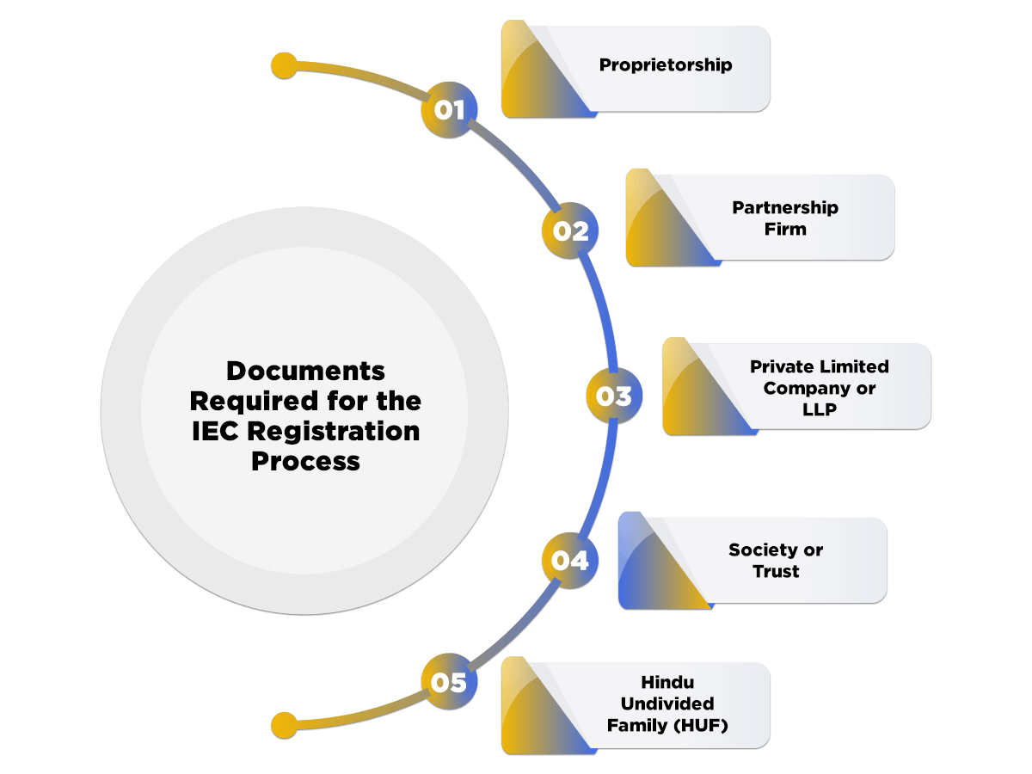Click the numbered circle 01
(448, 110)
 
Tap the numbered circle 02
(570, 230)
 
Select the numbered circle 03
(614, 396)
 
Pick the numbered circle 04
(570, 561)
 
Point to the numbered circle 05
(448, 683)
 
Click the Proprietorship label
(666, 65)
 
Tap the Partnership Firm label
(784, 218)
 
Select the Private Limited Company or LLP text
(819, 388)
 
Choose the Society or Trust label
(776, 561)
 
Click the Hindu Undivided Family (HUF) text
(667, 704)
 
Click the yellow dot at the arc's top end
(284, 65)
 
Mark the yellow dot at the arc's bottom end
(284, 724)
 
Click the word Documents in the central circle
(305, 372)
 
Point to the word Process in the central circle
(305, 461)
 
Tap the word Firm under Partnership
(784, 230)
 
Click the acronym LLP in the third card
(819, 409)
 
